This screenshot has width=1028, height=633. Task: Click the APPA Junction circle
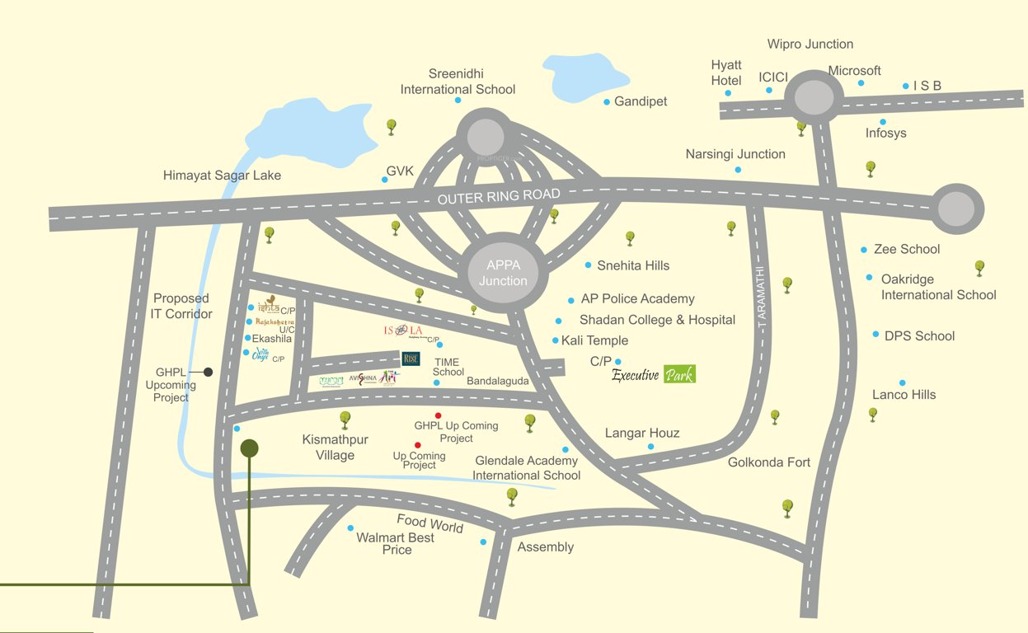pyautogui.click(x=502, y=273)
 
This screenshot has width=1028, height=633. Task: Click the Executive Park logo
pyautogui.click(x=653, y=375)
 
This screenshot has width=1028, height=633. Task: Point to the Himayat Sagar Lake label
pyautogui.click(x=222, y=176)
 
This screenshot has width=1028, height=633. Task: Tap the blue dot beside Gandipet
pyautogui.click(x=607, y=102)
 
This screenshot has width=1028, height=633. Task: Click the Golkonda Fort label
pyautogui.click(x=768, y=462)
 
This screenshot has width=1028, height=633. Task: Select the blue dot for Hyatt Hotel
pyautogui.click(x=728, y=93)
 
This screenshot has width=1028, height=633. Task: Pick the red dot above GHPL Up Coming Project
pyautogui.click(x=438, y=415)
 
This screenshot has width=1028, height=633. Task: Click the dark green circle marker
pyautogui.click(x=249, y=448)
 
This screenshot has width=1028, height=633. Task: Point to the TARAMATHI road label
pyautogui.click(x=761, y=298)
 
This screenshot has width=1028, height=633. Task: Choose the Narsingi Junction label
pyautogui.click(x=735, y=154)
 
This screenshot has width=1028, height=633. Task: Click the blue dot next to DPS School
pyautogui.click(x=875, y=335)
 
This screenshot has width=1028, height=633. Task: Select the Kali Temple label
pyautogui.click(x=594, y=340)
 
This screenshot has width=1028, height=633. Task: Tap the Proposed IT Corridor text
pyautogui.click(x=181, y=306)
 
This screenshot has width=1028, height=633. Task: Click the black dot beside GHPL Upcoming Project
pyautogui.click(x=209, y=372)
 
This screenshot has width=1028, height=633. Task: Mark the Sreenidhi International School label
pyautogui.click(x=458, y=82)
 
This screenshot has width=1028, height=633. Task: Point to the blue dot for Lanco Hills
pyautogui.click(x=903, y=383)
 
